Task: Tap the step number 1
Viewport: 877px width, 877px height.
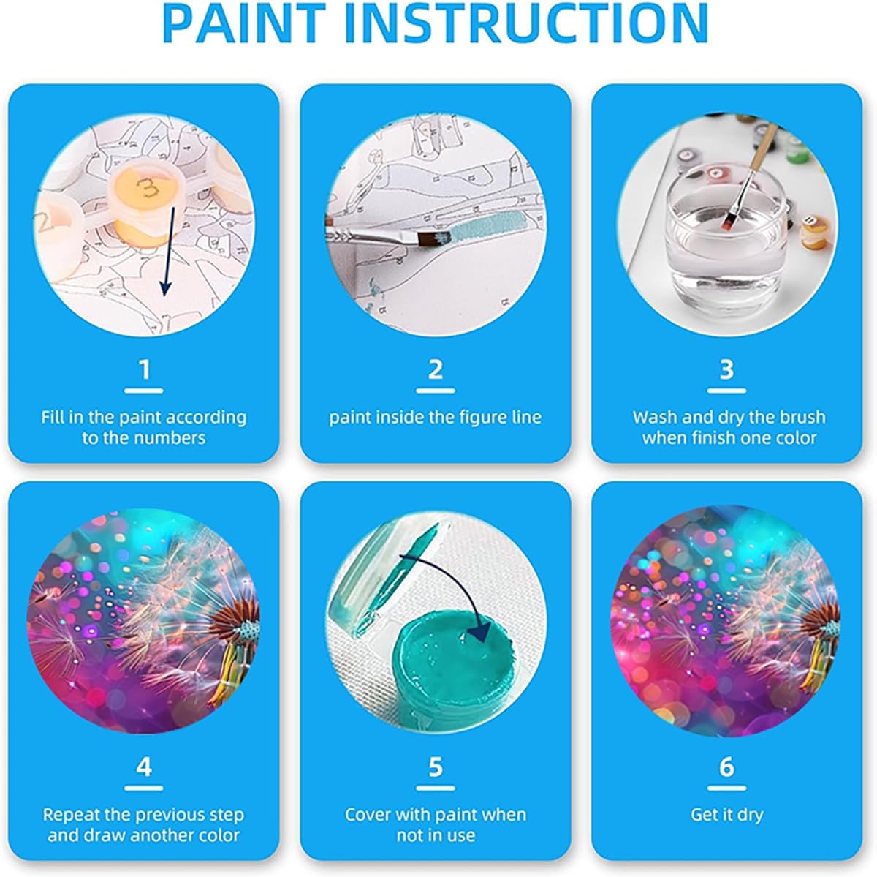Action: pyautogui.click(x=144, y=369)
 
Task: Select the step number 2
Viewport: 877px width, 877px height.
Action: pyautogui.click(x=436, y=369)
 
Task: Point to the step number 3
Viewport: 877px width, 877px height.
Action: pyautogui.click(x=726, y=369)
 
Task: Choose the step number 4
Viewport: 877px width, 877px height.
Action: pyautogui.click(x=144, y=767)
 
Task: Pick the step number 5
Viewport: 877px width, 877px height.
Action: pyautogui.click(x=436, y=767)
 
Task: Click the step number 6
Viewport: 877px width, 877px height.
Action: pyautogui.click(x=726, y=767)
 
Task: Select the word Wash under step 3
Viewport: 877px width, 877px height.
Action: pyautogui.click(x=655, y=418)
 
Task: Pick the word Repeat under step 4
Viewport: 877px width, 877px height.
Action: pyautogui.click(x=71, y=816)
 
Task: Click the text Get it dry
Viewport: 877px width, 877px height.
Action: pyautogui.click(x=726, y=816)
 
